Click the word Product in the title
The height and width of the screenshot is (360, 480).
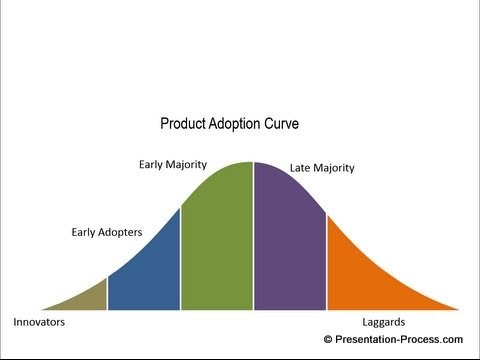point(183,125)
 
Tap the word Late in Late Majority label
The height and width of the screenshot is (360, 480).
point(302,167)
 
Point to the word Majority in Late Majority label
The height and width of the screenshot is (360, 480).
point(337,167)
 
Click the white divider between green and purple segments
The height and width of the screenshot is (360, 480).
point(253,240)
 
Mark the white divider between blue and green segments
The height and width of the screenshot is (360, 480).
point(181,260)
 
